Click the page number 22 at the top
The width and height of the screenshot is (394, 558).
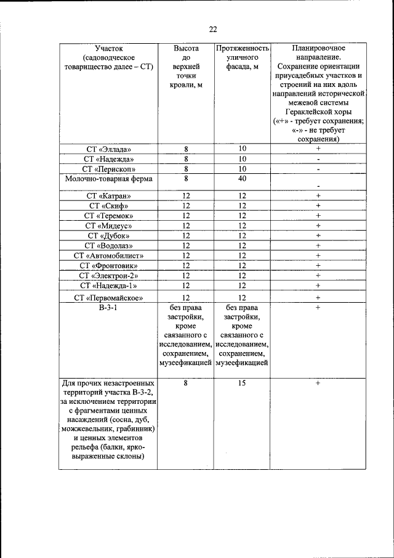tap(213, 29)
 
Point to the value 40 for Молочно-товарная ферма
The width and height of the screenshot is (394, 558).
tap(242, 179)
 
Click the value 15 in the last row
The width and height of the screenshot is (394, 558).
tap(242, 383)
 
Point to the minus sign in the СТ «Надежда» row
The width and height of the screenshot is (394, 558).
tap(318, 159)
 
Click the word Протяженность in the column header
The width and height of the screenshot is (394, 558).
tap(242, 48)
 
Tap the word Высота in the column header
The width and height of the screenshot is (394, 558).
tap(186, 48)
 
